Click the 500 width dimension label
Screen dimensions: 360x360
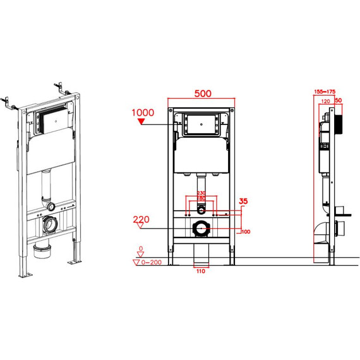click(203, 93)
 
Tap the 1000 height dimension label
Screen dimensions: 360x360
click(143, 112)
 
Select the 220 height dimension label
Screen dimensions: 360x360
click(141, 220)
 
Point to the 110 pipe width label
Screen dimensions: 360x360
click(201, 271)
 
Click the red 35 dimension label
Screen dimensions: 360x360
click(243, 201)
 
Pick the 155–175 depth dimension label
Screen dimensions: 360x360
click(325, 92)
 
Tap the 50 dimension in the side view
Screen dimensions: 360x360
click(339, 100)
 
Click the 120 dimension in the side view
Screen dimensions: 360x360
click(325, 101)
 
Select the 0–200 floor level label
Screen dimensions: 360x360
click(151, 262)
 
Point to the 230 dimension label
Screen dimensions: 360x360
click(201, 193)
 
